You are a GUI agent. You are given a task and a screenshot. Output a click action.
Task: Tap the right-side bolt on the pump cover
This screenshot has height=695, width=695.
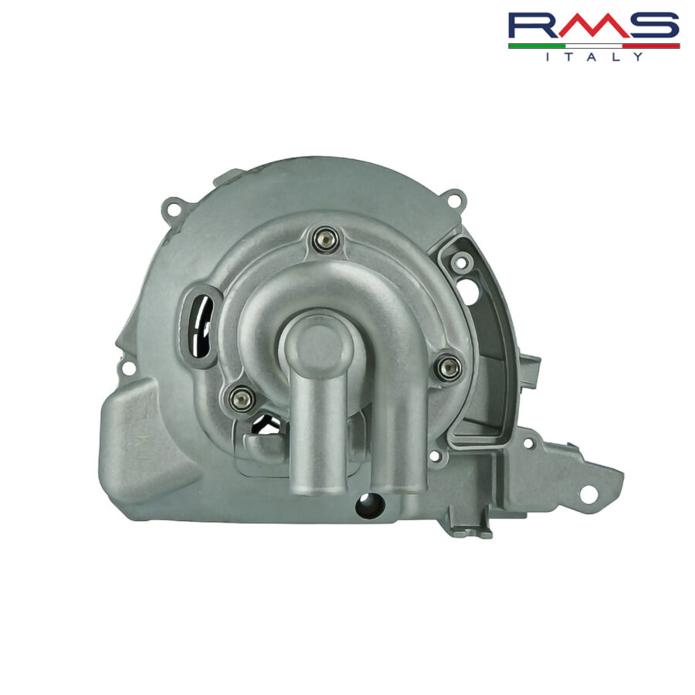click(x=449, y=367)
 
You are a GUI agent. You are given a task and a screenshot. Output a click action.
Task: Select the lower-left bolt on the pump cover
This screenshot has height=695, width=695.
click(x=242, y=398)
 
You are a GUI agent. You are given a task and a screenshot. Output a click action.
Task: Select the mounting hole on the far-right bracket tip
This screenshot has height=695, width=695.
click(x=588, y=493)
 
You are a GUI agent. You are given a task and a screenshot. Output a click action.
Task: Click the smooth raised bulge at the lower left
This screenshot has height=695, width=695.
click(x=143, y=440)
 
